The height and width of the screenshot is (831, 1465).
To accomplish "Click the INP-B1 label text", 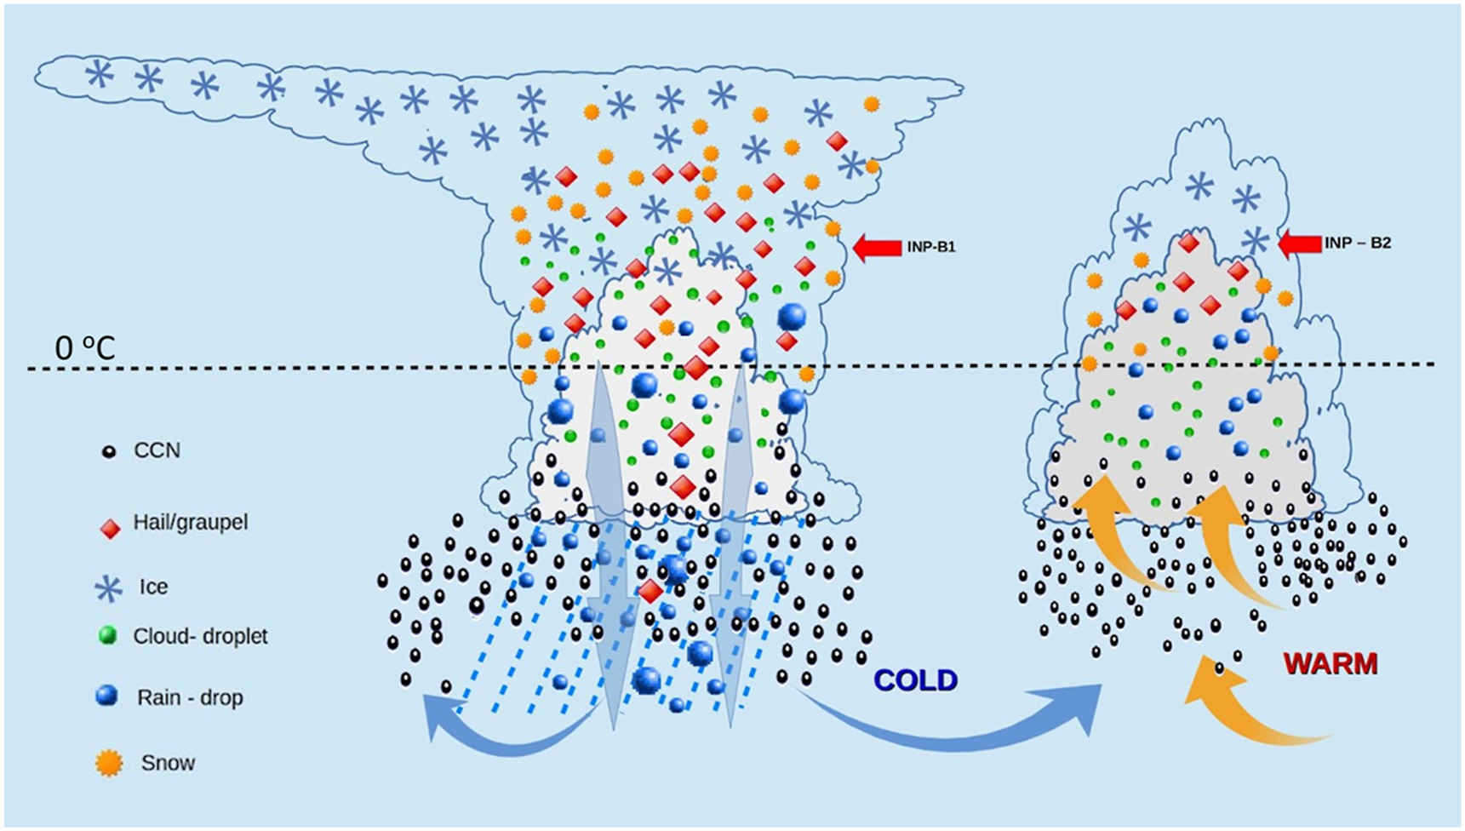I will (931, 248).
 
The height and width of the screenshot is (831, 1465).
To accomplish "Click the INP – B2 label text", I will (1357, 244).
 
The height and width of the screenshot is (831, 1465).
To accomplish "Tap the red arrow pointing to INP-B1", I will (877, 248).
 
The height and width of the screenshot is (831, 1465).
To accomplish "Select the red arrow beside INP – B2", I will (1300, 244).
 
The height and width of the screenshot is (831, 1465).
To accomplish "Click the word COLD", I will (916, 680).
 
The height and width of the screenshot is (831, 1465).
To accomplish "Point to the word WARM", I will (1331, 664).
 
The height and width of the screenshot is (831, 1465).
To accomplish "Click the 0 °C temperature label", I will (84, 348).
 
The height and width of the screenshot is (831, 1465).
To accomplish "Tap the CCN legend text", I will (157, 450).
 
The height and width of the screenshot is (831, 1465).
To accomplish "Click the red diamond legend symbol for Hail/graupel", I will (110, 529).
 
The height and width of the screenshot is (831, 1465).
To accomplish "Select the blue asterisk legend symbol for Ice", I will (108, 587).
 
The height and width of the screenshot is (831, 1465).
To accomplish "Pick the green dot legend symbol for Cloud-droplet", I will (108, 635).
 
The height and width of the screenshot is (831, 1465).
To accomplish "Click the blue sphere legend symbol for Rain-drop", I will (107, 696).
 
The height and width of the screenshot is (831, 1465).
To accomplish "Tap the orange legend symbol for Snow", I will (109, 764).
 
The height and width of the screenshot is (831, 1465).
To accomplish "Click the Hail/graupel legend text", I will (191, 522).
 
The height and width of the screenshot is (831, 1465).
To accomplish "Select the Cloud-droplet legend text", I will (201, 636).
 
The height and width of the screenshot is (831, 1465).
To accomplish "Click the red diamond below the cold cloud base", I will (650, 590).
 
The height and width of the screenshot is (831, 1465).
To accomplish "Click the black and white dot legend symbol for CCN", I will (109, 451).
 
